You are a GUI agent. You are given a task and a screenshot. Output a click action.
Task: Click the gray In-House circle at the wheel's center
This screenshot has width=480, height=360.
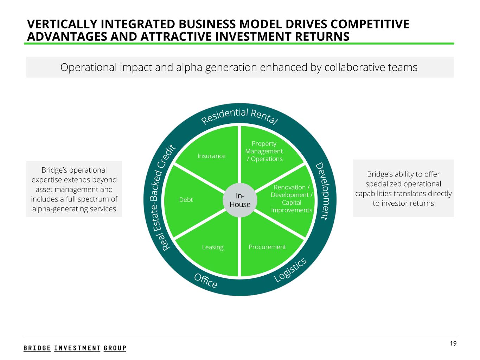240,200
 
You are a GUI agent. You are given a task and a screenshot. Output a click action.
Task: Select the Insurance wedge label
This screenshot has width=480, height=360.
211,156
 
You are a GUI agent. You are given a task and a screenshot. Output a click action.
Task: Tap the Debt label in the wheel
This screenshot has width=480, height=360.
186,200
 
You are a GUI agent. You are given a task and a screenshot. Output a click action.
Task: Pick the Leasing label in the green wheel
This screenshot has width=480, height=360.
213,247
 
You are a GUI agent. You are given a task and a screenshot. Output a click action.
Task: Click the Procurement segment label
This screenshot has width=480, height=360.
267,247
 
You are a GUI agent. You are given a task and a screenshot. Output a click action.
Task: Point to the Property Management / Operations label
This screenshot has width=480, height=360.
264,151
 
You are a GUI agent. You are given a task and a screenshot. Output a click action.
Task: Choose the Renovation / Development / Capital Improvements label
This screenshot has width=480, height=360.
291,199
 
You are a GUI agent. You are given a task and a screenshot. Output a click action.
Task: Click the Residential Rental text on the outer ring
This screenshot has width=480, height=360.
240,116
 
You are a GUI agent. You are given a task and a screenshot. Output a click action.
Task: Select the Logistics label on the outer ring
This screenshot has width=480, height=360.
290,270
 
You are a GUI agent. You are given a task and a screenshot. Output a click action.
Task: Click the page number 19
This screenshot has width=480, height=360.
453,343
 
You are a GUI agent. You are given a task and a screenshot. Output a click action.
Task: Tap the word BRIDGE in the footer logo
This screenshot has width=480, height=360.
37,348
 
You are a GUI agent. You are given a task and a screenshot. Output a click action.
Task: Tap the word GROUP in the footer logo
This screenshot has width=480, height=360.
115,348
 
